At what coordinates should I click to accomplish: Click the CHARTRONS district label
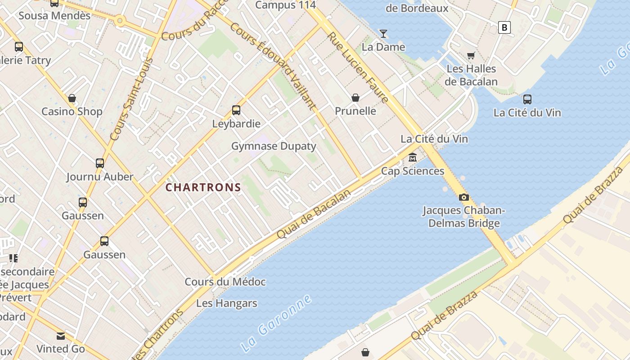point(203,187)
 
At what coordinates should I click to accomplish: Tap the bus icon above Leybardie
point(236,110)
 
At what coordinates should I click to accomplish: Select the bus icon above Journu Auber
point(100,163)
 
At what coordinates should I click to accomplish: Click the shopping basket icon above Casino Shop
point(72,98)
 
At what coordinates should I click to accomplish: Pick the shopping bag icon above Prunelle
point(355,98)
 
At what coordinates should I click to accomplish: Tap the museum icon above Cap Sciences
point(413,157)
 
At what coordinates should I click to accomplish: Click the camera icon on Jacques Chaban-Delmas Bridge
point(463,197)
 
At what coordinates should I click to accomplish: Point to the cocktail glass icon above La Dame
point(383,34)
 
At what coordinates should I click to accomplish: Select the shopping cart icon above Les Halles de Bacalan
point(471,55)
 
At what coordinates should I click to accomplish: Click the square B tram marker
point(504,27)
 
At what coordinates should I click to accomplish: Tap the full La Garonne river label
point(276,323)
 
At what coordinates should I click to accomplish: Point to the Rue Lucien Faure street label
point(358,67)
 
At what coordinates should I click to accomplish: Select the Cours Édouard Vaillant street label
point(273,66)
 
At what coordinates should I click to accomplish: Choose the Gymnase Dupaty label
point(274,146)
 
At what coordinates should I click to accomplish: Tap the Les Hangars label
point(227,303)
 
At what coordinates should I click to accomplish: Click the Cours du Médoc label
point(225,282)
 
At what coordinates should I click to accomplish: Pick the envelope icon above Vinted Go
point(61,336)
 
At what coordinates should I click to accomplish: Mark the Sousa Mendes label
point(54,16)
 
